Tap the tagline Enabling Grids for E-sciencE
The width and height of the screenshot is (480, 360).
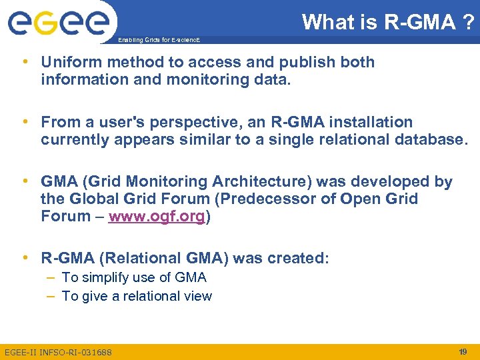tap(158, 40)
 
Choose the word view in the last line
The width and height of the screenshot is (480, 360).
tap(197, 296)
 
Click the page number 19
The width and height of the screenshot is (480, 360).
tap(463, 351)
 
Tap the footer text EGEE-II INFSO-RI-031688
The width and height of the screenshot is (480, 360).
tap(58, 352)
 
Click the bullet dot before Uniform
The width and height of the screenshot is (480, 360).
tap(25, 62)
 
